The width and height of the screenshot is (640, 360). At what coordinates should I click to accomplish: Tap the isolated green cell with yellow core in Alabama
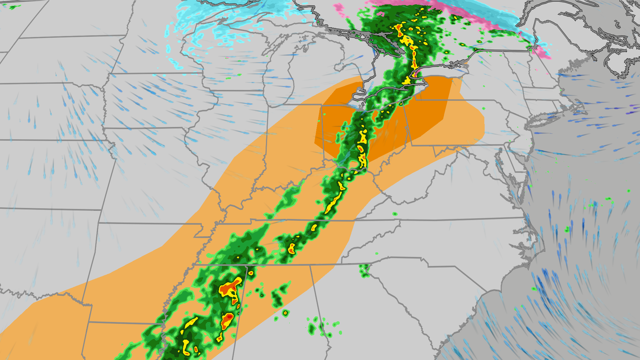pos(285,313)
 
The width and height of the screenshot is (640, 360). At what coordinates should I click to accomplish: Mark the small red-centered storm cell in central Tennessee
pos(292,248)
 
